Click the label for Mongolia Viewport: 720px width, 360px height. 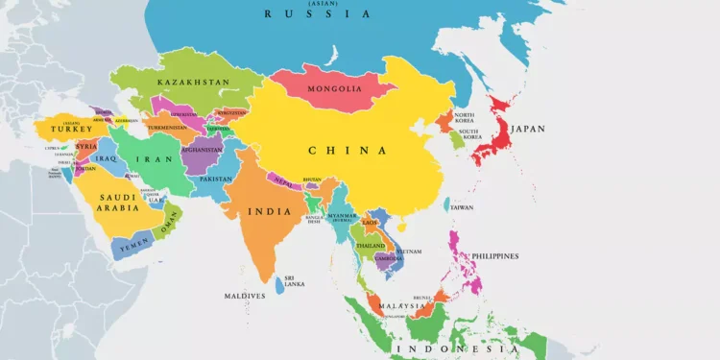(x=335, y=90)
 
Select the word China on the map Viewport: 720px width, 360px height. (x=348, y=150)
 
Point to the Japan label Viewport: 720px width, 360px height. (x=527, y=129)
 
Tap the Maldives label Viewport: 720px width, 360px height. (x=244, y=296)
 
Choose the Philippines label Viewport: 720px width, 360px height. (x=493, y=256)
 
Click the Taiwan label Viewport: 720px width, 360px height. (x=462, y=207)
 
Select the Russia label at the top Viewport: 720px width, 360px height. (x=317, y=14)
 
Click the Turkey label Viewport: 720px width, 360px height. (x=72, y=129)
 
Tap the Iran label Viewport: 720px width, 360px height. (x=147, y=159)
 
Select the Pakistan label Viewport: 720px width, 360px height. (x=215, y=180)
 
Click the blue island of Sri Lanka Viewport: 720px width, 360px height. (x=279, y=285)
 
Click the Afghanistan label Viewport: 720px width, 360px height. (x=202, y=150)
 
